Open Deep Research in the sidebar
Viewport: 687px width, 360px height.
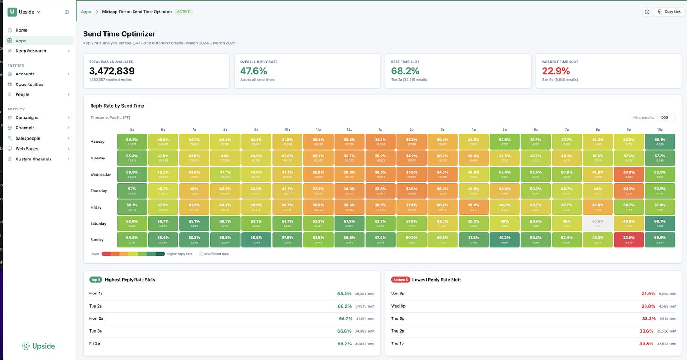click(x=31, y=51)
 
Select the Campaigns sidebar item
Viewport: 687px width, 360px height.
click(x=27, y=117)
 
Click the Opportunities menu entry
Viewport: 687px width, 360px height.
click(x=29, y=84)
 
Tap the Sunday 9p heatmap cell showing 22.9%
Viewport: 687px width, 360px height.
click(x=628, y=239)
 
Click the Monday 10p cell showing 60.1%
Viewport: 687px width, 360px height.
click(x=660, y=142)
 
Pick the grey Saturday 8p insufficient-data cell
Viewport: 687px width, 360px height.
click(x=597, y=223)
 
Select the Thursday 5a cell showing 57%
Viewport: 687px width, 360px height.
click(x=132, y=191)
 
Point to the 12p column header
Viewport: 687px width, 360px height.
click(x=349, y=129)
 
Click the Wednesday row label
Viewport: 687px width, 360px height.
click(x=101, y=174)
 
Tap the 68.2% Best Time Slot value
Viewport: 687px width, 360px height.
click(x=405, y=71)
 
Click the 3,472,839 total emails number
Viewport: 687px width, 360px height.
click(x=112, y=71)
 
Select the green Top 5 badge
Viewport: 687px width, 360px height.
click(x=95, y=280)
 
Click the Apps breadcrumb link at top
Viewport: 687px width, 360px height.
click(x=86, y=12)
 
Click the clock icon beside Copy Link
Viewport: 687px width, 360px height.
click(x=647, y=12)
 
